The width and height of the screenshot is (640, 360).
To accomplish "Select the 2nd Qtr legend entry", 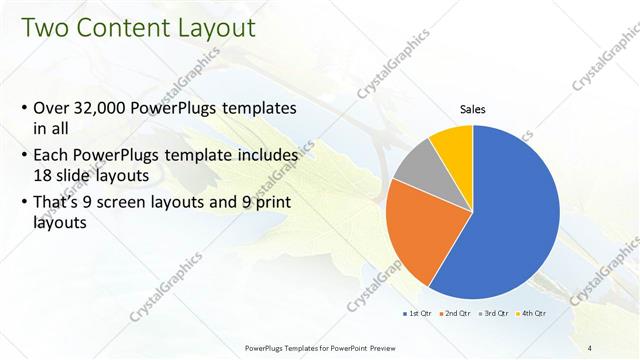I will [x=457, y=313].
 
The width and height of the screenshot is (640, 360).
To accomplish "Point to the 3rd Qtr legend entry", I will [x=497, y=313].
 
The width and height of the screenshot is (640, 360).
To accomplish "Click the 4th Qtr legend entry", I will [x=533, y=313].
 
